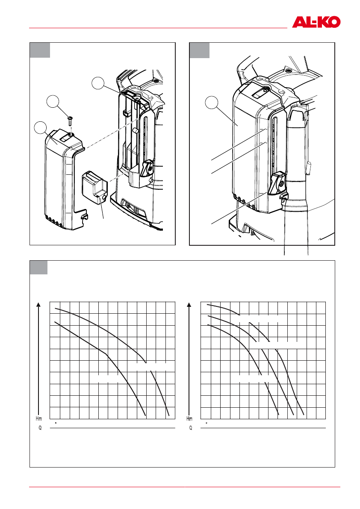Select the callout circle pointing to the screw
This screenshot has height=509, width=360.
pos(53,102)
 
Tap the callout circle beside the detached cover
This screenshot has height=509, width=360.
pos(40,127)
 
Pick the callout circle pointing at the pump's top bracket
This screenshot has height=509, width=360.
pos(98,83)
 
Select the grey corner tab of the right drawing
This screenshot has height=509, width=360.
pos(200,50)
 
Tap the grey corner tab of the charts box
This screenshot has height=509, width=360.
pos(38,268)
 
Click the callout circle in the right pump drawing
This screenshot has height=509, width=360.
pos(211,103)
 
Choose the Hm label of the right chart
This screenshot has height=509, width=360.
pos(189,418)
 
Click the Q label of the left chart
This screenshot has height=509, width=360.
pos(40,428)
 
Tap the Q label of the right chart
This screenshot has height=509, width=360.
pos(191,428)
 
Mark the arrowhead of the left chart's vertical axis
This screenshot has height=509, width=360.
pos(39,305)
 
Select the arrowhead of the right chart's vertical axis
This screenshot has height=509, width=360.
pos(189,305)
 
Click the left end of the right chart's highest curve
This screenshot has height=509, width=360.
pos(207,305)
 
